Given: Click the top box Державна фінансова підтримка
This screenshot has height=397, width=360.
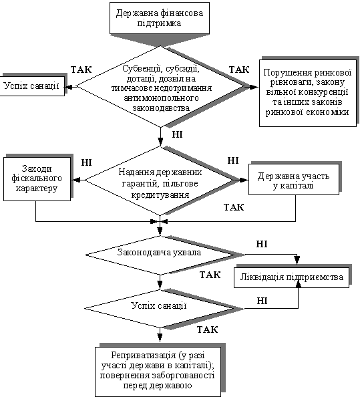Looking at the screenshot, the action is point(160,18).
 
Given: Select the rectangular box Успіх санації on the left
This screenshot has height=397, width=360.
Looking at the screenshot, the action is point(32,86).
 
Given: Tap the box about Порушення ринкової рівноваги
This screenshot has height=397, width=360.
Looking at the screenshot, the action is point(308,93).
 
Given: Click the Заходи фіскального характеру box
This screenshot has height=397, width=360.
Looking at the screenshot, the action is point(37,179).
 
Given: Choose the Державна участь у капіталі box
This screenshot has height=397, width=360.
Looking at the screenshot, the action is point(294,180).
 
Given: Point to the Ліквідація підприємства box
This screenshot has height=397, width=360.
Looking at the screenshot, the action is point(291,277).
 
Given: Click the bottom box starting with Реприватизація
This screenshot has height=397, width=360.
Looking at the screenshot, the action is point(158,372).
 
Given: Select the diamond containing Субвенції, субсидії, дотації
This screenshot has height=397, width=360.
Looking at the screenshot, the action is point(160,87).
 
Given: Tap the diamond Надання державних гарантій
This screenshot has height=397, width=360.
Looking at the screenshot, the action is point(160,180).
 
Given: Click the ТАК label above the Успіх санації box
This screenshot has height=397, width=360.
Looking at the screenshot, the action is point(81,70).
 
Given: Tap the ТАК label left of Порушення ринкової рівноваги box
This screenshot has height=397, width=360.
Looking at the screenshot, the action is point(239,70).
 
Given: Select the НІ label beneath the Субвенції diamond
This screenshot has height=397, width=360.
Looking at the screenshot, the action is point(178,134).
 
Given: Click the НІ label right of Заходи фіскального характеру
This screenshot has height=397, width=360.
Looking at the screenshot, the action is point(87,162).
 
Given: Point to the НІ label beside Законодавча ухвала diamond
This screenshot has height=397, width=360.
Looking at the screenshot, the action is point(262,244).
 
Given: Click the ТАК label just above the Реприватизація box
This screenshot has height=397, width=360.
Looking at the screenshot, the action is point(208,329).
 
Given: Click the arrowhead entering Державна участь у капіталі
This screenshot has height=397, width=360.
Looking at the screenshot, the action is point(244,180).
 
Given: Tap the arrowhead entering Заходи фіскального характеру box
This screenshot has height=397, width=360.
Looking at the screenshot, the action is point(76,180).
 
